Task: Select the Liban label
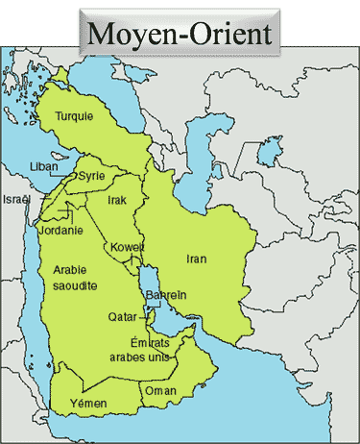(44, 165)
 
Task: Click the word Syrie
(92, 176)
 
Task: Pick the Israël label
(17, 199)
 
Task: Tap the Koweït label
(128, 247)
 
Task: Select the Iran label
(197, 259)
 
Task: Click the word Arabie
(71, 270)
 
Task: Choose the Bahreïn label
(165, 295)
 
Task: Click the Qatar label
(122, 316)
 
